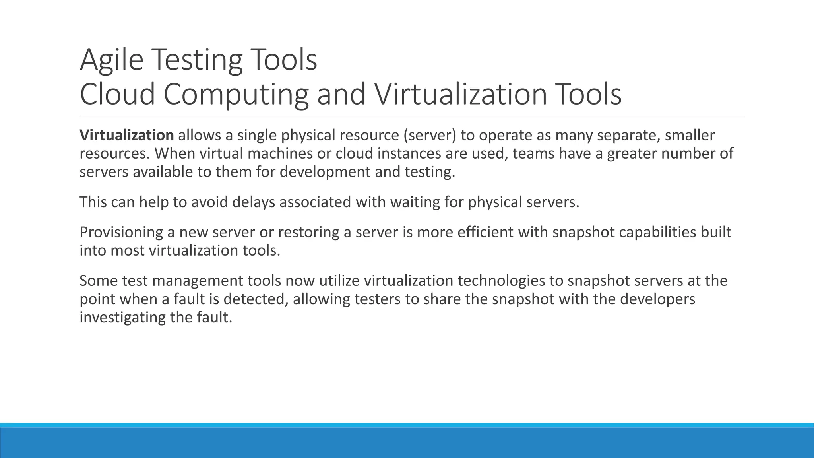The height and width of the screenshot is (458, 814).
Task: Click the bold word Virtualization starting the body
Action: click(126, 135)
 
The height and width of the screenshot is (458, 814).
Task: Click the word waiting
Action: click(415, 202)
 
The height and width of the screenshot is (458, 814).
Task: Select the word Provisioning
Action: click(121, 232)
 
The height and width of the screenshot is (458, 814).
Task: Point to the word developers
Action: click(657, 299)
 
